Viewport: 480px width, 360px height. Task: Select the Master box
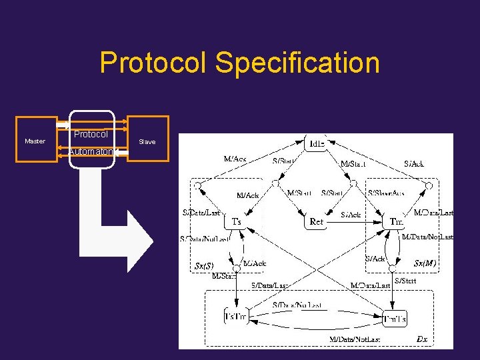[35, 141]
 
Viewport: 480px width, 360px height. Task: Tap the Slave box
[147, 141]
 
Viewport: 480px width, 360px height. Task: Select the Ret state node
[317, 221]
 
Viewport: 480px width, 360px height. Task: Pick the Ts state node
[236, 221]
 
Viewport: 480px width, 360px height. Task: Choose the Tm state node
[396, 221]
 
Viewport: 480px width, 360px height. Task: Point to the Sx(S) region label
[204, 265]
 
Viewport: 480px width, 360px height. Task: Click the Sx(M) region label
[425, 263]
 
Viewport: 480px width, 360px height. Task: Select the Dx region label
[421, 339]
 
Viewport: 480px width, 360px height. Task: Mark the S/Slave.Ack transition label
[385, 193]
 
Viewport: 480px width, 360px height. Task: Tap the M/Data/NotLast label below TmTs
[355, 339]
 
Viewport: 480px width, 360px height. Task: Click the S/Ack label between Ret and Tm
[351, 215]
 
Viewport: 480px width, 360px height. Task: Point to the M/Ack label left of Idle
[235, 159]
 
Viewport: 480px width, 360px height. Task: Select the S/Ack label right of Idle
[414, 163]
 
